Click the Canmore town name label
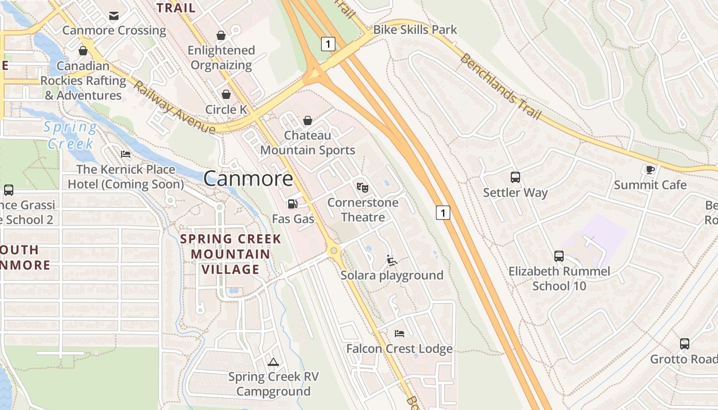point(248,178)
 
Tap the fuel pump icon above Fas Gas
point(292,204)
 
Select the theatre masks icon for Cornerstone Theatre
point(363,188)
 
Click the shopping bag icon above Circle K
point(226,94)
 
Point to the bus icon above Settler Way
point(515,177)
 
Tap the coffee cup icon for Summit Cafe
point(650,170)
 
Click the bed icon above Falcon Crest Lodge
point(400,334)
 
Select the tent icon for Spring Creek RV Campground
point(273,362)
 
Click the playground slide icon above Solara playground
point(392,260)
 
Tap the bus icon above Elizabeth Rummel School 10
point(559,256)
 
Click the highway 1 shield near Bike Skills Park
point(328,44)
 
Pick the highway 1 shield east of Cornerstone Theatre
point(443,212)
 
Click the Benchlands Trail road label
point(501,86)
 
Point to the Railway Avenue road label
point(174,107)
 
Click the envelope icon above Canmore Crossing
point(114,16)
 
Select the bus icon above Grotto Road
point(684,344)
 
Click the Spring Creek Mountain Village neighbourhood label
point(230,254)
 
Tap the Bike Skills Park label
point(415,30)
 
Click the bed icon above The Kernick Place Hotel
point(126,154)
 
